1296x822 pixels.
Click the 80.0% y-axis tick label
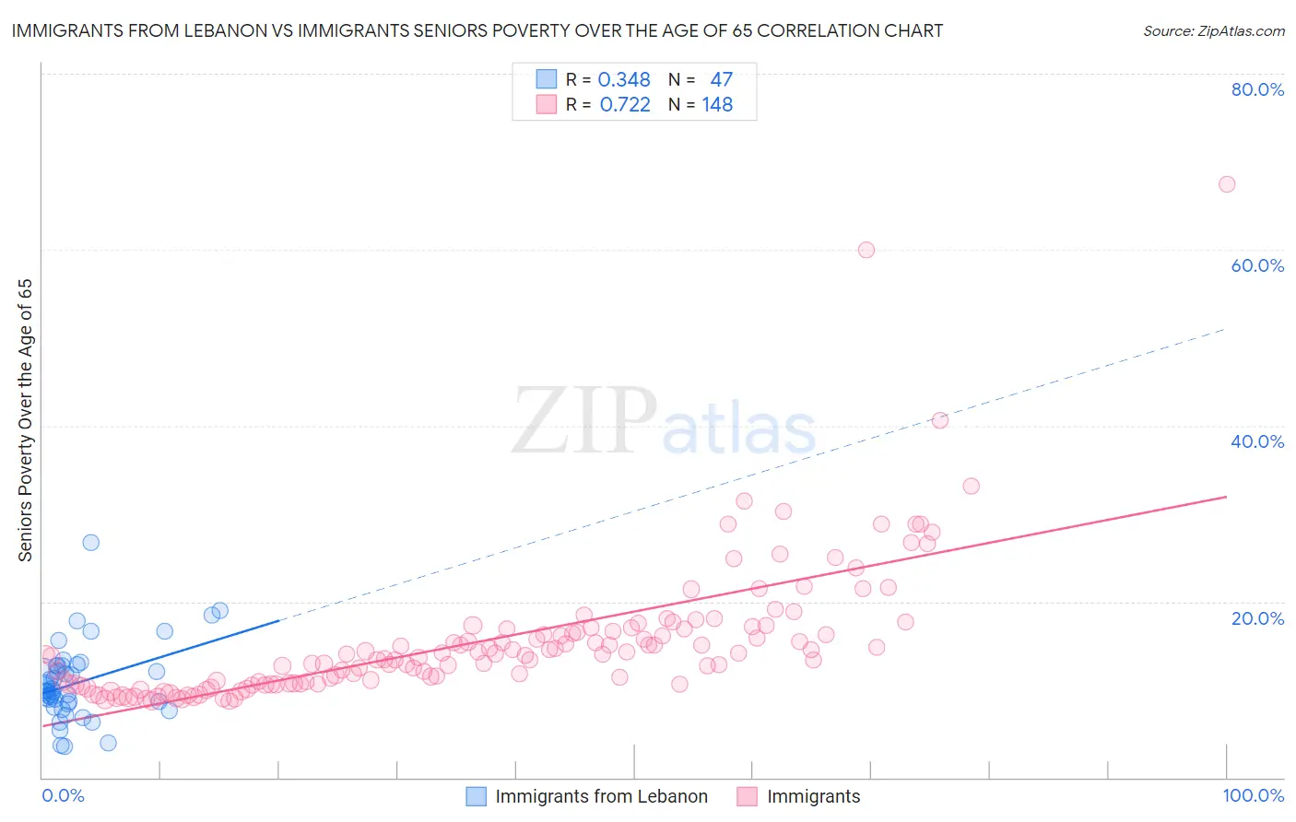coord(1257,89)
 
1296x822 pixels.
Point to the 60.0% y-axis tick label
coord(1257,265)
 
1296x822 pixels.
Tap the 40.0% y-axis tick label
coord(1257,441)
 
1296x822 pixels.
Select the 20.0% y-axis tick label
coord(1257,618)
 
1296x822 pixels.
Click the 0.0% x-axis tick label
coord(63,795)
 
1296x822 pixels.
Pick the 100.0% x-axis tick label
coord(1253,795)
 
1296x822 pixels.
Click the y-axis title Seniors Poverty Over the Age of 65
coord(25,420)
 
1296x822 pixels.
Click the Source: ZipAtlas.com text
coord(1213,31)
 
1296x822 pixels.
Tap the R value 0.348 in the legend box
coord(624,80)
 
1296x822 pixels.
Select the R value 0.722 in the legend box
coord(625,105)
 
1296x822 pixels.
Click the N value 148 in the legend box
coord(717,105)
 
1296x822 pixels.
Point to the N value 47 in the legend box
coord(721,80)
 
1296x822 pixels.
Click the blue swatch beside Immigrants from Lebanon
coord(476,796)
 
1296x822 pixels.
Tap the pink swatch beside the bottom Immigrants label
coord(748,796)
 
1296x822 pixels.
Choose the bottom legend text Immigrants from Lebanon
coord(601,796)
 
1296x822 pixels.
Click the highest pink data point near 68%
coord(1226,184)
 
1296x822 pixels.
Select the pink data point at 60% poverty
coord(866,250)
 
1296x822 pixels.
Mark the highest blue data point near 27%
coord(90,542)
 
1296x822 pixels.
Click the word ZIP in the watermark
coord(583,420)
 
